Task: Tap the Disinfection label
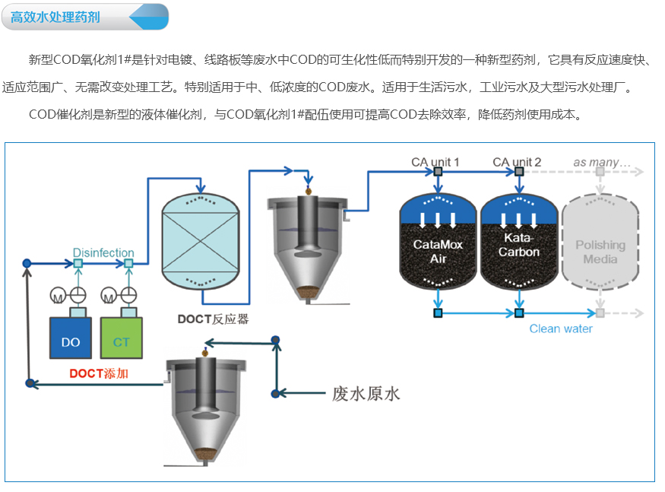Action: (103, 252)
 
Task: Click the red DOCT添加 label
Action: (99, 373)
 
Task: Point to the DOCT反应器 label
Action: (214, 319)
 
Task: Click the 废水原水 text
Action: (366, 394)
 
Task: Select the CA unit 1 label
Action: (435, 162)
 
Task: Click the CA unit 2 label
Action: (517, 162)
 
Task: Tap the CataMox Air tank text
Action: (438, 252)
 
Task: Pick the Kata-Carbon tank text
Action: (518, 245)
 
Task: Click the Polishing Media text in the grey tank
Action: (600, 252)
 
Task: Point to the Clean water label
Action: (561, 329)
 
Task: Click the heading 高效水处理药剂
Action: (55, 16)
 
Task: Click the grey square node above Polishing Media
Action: (600, 172)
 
